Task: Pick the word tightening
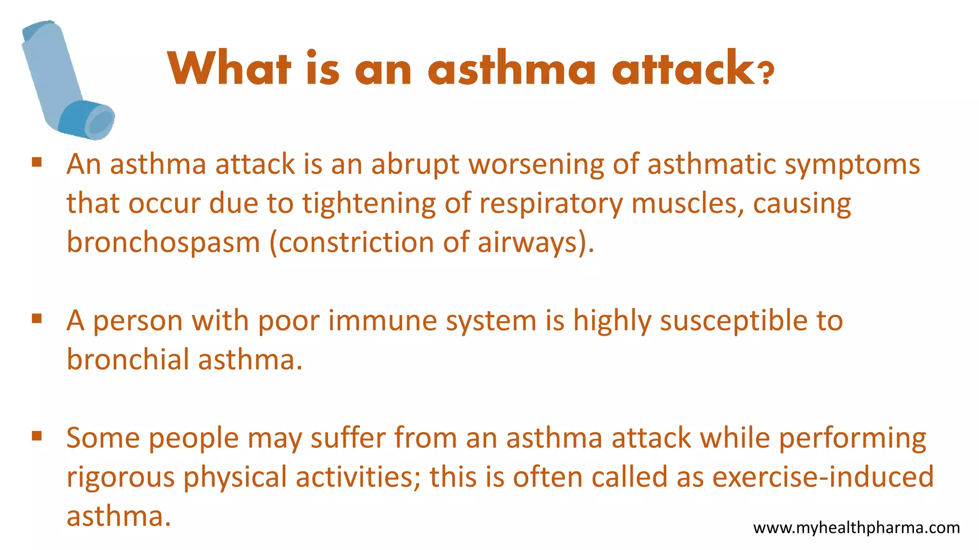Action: (369, 204)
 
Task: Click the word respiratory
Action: (551, 204)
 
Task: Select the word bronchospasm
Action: (163, 243)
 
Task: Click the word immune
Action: (382, 320)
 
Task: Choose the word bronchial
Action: (128, 359)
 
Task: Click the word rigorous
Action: (120, 477)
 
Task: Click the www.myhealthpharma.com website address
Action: (856, 528)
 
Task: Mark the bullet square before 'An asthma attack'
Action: (37, 162)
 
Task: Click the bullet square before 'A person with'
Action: (37, 318)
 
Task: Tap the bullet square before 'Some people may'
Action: (37, 435)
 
